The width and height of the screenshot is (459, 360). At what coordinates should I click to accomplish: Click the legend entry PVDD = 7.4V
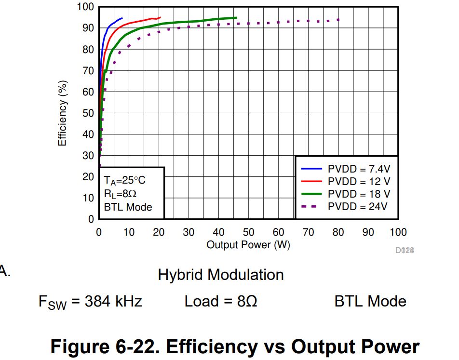tap(359, 169)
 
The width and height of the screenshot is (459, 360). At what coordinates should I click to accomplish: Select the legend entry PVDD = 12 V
tap(359, 182)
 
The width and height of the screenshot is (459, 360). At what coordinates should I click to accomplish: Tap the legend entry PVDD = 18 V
tap(359, 194)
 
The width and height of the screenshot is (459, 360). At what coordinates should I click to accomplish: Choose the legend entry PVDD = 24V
tap(357, 207)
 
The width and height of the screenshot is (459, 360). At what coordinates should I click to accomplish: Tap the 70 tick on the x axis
tap(308, 233)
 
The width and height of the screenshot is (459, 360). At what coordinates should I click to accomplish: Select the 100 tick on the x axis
tap(398, 233)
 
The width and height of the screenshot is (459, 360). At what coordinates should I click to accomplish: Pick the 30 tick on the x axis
tap(189, 233)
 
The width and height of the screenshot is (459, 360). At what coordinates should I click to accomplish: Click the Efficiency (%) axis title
tap(62, 113)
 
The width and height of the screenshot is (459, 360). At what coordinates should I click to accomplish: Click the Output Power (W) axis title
tap(248, 245)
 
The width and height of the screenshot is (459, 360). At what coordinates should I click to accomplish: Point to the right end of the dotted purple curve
tap(339, 20)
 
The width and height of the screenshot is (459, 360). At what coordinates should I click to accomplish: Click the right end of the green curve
tap(236, 18)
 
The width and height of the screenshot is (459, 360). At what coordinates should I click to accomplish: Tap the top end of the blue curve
tap(122, 18)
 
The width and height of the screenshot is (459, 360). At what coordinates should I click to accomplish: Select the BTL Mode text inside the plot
tap(128, 207)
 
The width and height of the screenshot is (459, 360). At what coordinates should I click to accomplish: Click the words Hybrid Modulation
tap(221, 275)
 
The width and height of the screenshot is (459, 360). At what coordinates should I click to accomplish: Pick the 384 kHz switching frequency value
tap(113, 302)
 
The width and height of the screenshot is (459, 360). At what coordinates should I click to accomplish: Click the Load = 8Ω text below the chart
tap(220, 302)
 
